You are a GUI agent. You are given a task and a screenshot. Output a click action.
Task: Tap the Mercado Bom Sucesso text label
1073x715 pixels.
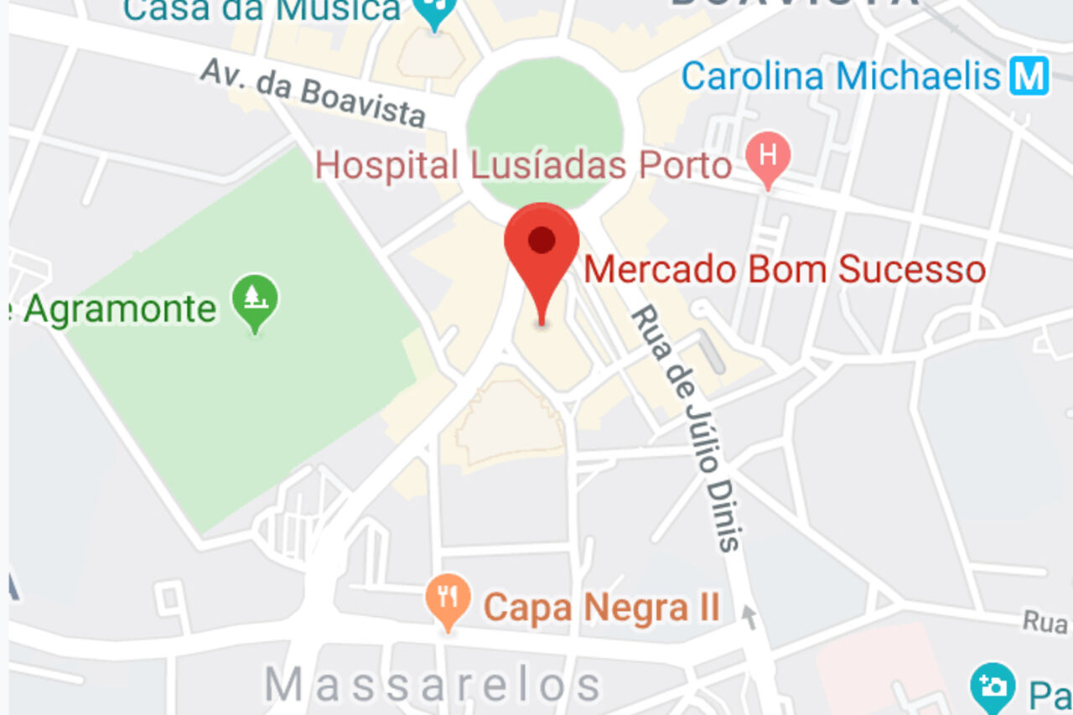[785, 270]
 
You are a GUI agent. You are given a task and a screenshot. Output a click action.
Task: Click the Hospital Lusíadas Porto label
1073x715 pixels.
[524, 165]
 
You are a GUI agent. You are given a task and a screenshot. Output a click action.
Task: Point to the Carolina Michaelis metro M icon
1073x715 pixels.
[1029, 76]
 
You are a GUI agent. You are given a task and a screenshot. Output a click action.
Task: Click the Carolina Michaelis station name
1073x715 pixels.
[841, 76]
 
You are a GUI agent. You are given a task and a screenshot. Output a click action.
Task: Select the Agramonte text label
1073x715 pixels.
[119, 309]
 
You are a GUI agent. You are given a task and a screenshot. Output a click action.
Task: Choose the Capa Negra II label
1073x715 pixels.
[602, 608]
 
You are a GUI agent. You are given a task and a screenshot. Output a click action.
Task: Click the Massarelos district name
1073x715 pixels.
[433, 685]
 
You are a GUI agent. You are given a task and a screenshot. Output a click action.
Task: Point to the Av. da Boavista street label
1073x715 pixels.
[313, 92]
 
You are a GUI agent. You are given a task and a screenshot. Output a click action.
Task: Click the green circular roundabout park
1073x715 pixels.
[544, 130]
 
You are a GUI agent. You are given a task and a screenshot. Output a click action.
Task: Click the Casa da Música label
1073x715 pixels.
[262, 10]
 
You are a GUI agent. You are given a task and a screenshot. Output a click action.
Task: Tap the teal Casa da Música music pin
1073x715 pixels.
[435, 10]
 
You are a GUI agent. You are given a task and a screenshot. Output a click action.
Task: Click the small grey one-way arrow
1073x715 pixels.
[749, 618]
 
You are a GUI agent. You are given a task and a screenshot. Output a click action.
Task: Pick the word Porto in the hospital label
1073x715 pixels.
[686, 165]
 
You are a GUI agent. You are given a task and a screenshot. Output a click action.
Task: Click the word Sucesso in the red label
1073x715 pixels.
[912, 270]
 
